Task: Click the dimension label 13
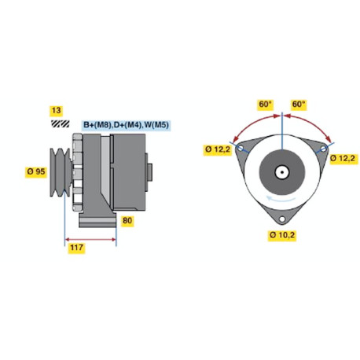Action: click(x=57, y=111)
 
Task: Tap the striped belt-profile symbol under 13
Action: click(x=60, y=123)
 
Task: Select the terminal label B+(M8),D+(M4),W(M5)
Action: click(x=126, y=125)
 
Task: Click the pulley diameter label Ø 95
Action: click(x=36, y=171)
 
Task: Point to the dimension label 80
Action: click(x=127, y=221)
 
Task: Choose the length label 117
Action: click(x=76, y=248)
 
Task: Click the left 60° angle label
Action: click(x=266, y=105)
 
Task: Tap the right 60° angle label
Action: click(x=299, y=105)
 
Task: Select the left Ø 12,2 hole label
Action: click(x=218, y=149)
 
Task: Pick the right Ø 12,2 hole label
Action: click(x=343, y=159)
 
